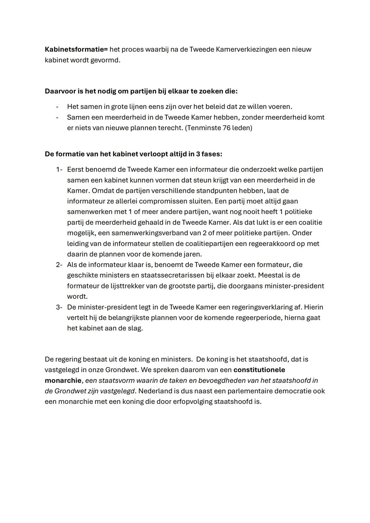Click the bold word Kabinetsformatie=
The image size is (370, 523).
point(76,49)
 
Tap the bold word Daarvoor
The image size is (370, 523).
point(60,91)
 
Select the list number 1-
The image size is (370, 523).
point(59,170)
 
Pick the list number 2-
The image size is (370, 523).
point(59,265)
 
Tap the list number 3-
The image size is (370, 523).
point(59,307)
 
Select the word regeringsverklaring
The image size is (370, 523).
point(265,307)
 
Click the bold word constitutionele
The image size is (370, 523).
point(259,370)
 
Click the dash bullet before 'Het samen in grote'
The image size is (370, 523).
point(57,107)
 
